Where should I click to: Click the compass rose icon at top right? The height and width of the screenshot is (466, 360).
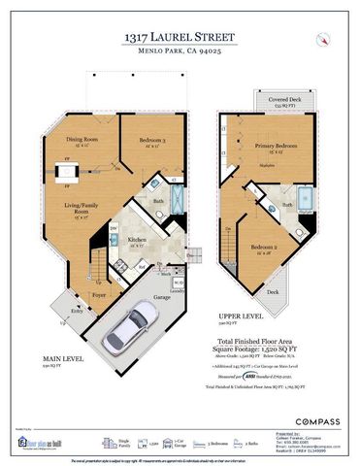[x=320, y=39]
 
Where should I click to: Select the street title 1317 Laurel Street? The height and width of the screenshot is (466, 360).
[x=180, y=36]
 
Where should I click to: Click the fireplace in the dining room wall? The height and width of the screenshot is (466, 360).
[x=68, y=173]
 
